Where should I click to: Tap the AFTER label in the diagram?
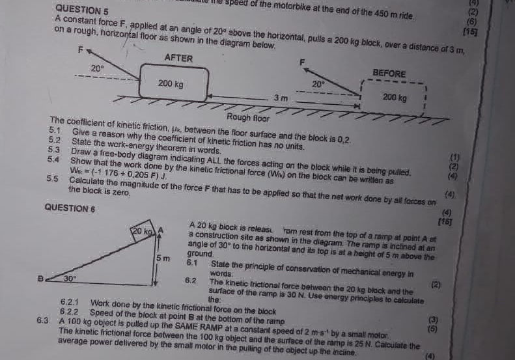[x=178, y=58]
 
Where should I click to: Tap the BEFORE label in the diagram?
[x=389, y=74]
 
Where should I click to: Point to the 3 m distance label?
[x=281, y=97]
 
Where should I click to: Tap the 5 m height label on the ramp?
[x=165, y=259]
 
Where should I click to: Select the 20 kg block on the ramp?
[x=143, y=231]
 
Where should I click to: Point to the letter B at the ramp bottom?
[x=40, y=277]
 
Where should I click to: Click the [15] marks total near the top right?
[x=470, y=31]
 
